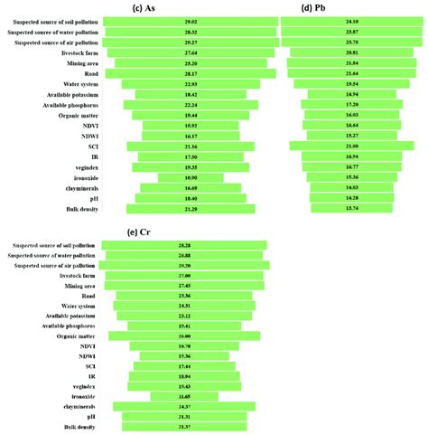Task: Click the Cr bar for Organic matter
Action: (x=185, y=336)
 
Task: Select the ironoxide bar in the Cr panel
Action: (x=185, y=397)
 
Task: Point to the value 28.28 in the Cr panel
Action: (x=185, y=246)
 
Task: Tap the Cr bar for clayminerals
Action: (x=185, y=407)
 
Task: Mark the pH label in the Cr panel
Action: (x=89, y=417)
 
